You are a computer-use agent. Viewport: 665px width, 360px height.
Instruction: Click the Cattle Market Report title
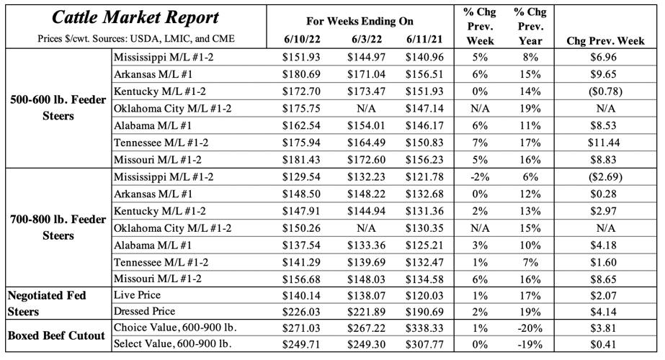(135, 17)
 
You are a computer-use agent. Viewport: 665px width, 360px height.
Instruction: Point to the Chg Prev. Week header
(605, 40)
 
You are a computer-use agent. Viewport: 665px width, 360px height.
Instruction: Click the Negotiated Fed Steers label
(43, 302)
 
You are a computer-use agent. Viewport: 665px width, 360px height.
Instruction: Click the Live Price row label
(136, 295)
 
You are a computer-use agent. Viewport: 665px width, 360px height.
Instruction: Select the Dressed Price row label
(144, 311)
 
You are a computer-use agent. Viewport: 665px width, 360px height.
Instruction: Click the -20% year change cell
(530, 328)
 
